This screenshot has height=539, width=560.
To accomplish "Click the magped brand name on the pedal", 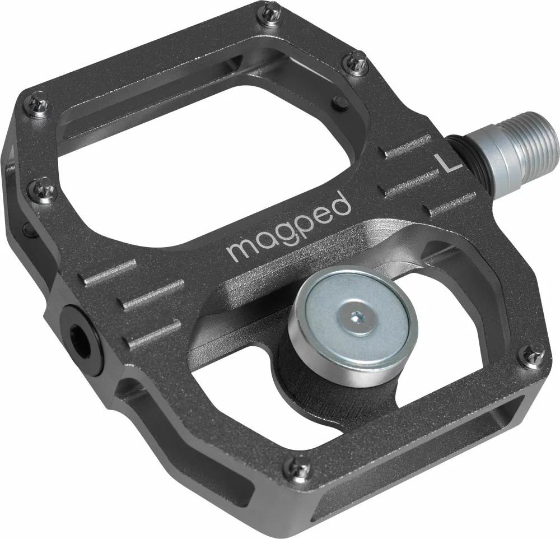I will (x=289, y=226).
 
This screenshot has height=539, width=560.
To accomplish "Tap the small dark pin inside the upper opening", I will (x=338, y=102).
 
